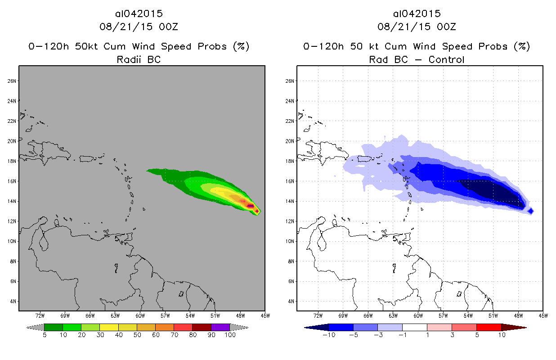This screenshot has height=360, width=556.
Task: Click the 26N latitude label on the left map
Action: pyautogui.click(x=12, y=81)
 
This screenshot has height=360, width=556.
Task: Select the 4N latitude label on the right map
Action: pyautogui.click(x=291, y=301)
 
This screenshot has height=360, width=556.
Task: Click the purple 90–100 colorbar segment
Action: pyautogui.click(x=220, y=327)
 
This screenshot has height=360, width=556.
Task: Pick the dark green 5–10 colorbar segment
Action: pyautogui.click(x=54, y=327)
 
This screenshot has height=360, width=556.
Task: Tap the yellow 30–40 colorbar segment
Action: pyautogui.click(x=109, y=327)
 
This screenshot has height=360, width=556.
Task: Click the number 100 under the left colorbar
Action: pyautogui.click(x=230, y=336)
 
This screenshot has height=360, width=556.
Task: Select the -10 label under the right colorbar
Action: pyautogui.click(x=329, y=336)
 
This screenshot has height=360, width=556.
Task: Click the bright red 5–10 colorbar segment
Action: pyautogui.click(x=489, y=327)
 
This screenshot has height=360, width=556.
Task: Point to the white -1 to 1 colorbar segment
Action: pyautogui.click(x=415, y=327)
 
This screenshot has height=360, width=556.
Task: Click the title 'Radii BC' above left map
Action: pyautogui.click(x=139, y=59)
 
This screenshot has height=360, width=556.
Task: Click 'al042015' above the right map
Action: pyautogui.click(x=417, y=13)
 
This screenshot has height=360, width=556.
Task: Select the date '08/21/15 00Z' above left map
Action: pyautogui.click(x=139, y=27)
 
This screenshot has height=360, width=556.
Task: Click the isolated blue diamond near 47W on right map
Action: pyautogui.click(x=531, y=211)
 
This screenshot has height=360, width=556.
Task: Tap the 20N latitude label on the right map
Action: pyautogui.click(x=291, y=141)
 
